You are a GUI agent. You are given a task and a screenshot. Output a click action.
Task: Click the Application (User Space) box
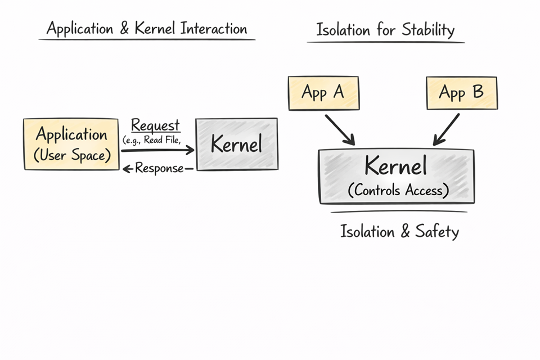(71, 145)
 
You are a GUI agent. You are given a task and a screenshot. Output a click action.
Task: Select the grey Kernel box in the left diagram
(236, 144)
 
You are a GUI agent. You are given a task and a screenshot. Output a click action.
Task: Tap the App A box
(323, 93)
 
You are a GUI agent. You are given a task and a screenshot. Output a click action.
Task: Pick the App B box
(461, 93)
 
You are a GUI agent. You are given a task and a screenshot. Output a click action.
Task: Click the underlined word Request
(155, 125)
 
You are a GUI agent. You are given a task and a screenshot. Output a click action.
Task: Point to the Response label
(159, 168)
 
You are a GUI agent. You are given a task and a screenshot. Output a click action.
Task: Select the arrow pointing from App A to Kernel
(339, 129)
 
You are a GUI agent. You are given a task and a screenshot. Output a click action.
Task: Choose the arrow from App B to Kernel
(446, 129)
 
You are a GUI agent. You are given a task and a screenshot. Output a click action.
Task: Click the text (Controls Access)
(398, 191)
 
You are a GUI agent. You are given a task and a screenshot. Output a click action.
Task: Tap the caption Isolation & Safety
(399, 231)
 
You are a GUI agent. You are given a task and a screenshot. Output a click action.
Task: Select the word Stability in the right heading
(427, 30)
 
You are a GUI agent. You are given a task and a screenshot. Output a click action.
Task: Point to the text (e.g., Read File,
(151, 140)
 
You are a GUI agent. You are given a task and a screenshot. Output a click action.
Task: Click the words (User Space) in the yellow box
(71, 155)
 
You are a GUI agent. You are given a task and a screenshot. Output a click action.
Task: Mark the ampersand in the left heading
(124, 29)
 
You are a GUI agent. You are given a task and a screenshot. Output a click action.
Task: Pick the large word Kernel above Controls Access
(395, 166)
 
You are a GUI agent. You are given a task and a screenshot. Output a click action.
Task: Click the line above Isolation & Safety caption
(398, 212)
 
